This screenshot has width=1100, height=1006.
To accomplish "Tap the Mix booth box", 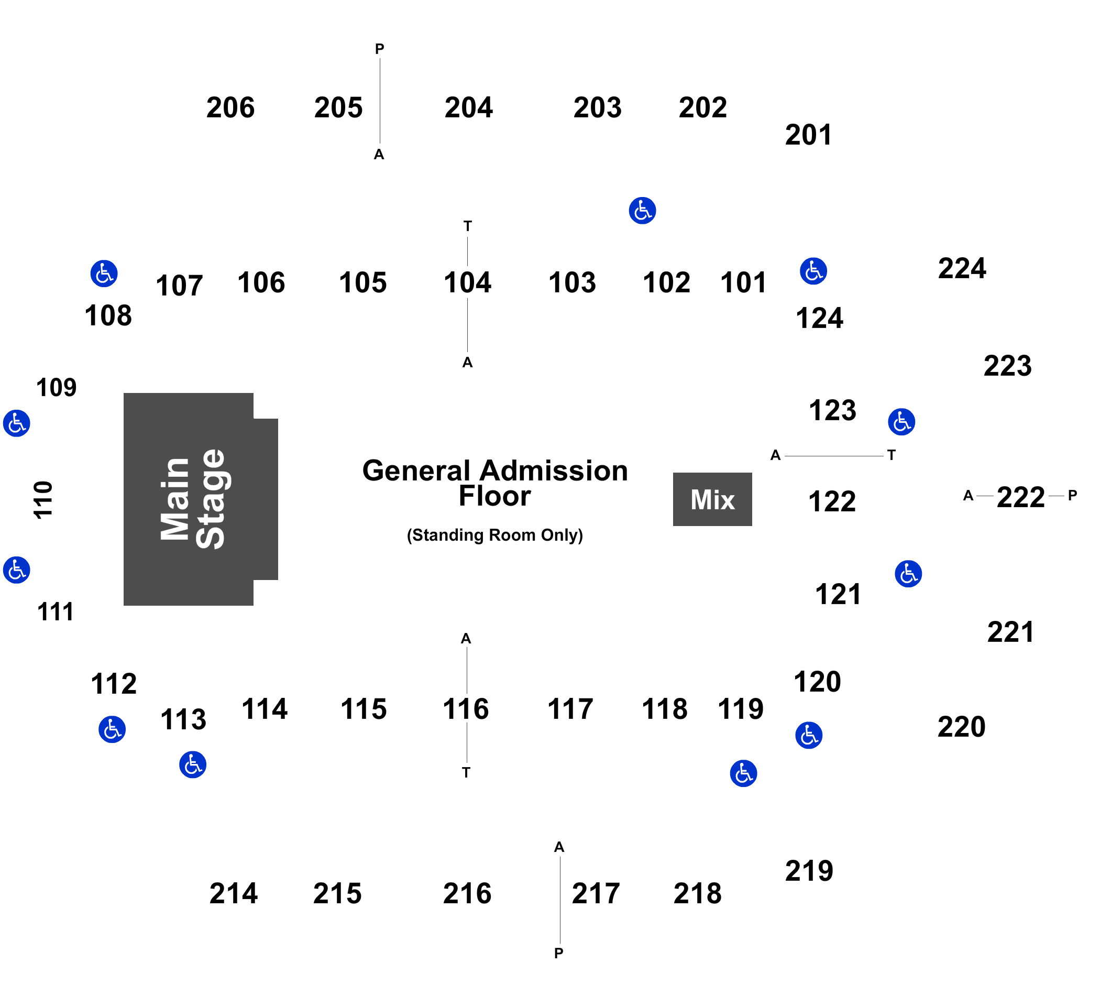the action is coord(712,499).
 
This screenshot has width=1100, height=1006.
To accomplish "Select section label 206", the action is coord(230,107).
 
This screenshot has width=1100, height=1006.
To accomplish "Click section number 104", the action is coord(468,283).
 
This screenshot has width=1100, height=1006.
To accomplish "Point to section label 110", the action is coord(43,499).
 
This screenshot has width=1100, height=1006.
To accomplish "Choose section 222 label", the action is coord(1020,497).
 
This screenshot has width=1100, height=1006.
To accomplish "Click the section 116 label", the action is coord(466,709).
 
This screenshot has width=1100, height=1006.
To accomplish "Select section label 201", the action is coord(809,135).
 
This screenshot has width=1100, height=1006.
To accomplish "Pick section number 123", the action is coord(833,410).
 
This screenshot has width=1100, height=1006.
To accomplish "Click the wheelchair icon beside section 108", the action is coord(104,274).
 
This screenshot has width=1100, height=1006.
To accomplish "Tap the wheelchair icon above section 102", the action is coord(642,211).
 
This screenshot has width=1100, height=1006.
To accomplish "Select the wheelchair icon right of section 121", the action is coord(908,574).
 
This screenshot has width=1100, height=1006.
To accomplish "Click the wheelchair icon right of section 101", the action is coord(813,271).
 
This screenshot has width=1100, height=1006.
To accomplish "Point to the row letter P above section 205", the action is coord(380,49).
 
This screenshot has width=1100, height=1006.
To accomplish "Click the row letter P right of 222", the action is coord(1073,495).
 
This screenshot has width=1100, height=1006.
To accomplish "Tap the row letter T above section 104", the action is coord(468,226).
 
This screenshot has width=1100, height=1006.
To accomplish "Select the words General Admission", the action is coord(495,471).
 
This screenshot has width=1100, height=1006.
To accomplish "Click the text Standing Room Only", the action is coord(495,535).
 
